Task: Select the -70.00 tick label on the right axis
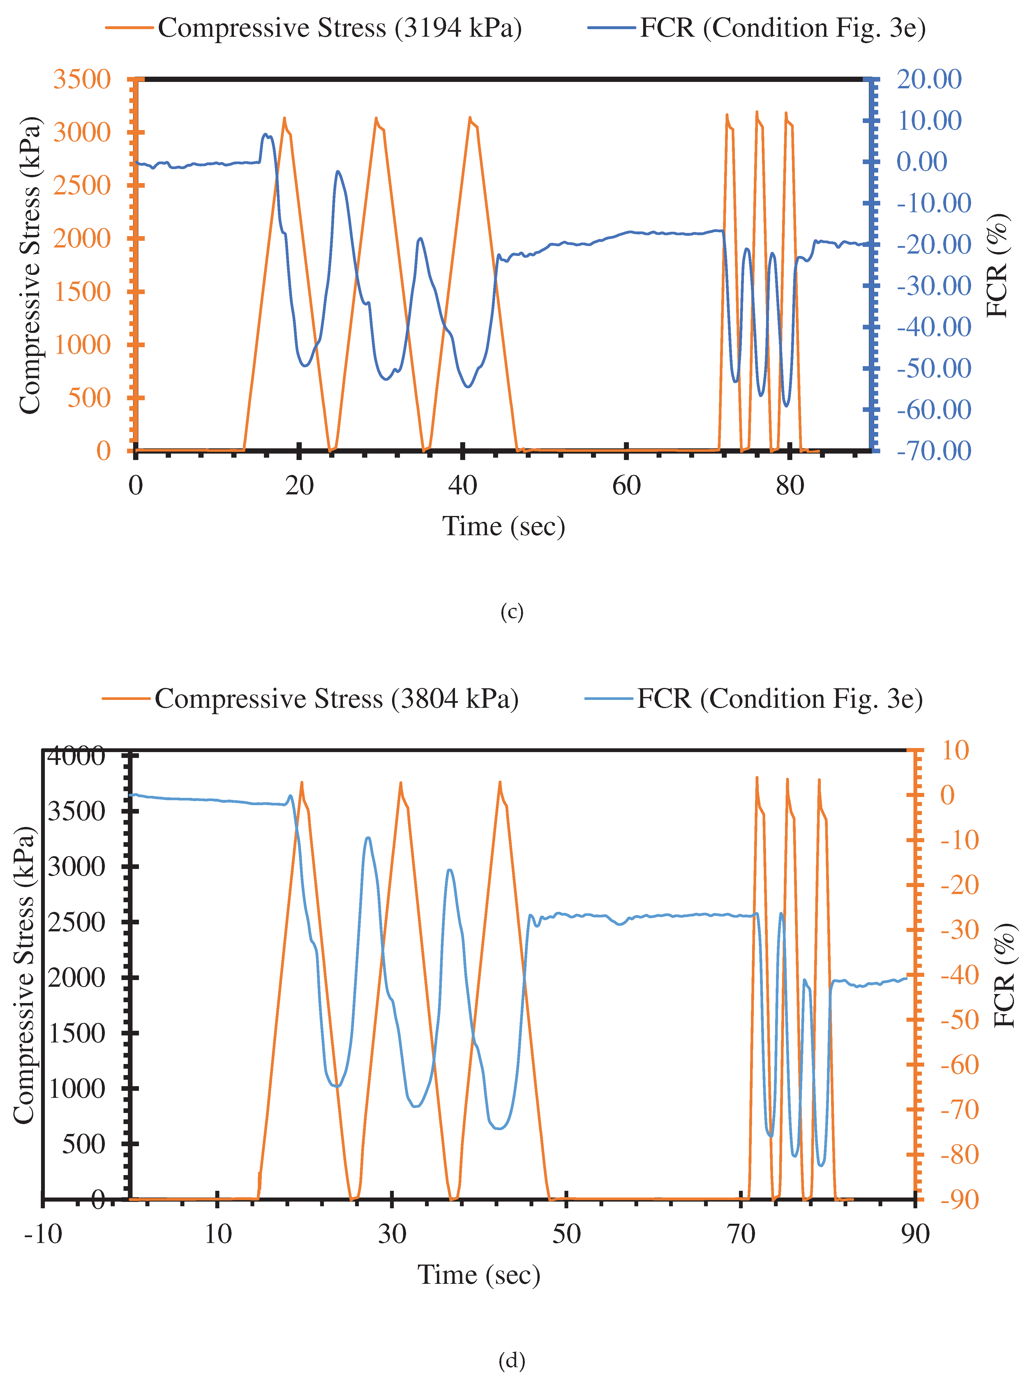coord(934,450)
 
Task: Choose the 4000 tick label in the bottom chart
coord(76,756)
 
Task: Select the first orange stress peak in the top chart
coord(284,119)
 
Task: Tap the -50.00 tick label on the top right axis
coord(934,368)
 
